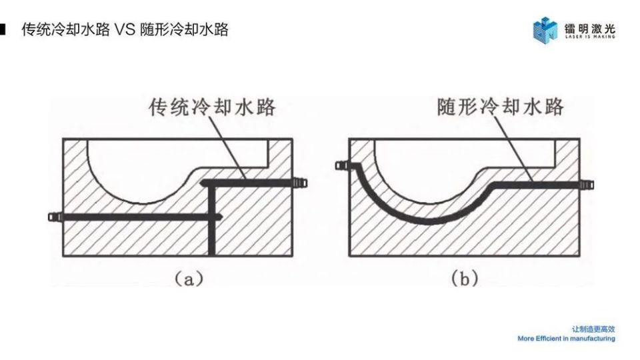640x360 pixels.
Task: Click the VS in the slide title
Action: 125,29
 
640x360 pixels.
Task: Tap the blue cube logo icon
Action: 545,29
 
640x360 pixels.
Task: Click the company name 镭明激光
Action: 590,28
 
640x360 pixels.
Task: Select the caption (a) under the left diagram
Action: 189,279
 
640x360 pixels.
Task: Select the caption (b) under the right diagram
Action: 465,279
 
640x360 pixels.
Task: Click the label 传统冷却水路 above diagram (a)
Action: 212,107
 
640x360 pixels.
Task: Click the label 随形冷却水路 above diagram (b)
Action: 501,107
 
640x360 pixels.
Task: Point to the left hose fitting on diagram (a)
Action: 55,217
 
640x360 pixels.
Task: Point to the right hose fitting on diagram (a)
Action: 300,183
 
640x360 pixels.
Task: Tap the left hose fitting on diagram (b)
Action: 342,165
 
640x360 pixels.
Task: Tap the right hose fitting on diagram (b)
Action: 587,185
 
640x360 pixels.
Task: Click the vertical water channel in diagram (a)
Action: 211,221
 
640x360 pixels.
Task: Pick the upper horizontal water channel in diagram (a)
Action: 247,183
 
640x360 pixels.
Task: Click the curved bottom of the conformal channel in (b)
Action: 425,221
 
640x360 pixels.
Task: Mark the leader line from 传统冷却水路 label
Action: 227,148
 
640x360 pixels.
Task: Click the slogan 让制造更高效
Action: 593,329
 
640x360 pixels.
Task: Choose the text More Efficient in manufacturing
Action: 566,339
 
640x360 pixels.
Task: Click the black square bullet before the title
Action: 3,29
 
